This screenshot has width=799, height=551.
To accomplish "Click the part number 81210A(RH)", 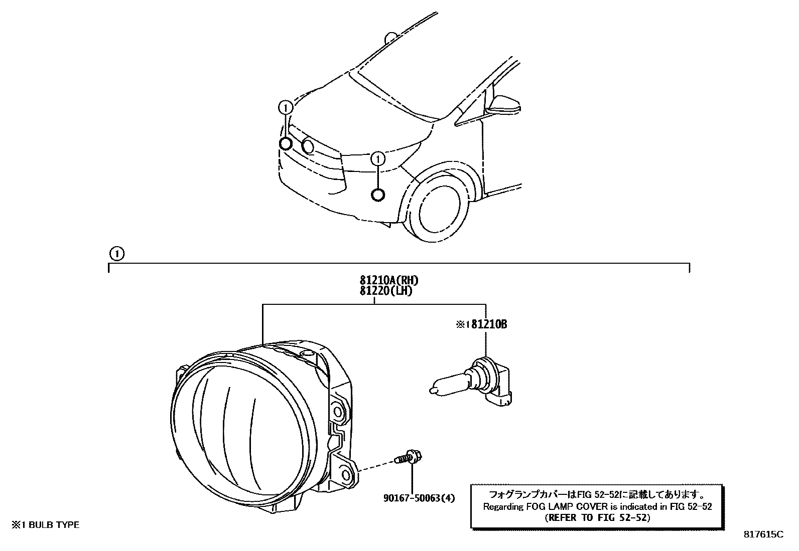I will point(388,280).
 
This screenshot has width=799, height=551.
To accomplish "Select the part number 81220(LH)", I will point(385,290).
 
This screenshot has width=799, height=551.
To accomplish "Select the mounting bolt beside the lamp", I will point(409,458).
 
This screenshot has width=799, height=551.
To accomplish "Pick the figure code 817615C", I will point(763,534).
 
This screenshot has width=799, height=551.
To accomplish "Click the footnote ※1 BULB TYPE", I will point(46,525).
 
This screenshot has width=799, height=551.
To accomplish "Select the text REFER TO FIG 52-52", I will point(597,518).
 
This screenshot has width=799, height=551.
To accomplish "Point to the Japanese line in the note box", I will point(597,495).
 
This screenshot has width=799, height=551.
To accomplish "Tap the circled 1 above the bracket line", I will point(116,254).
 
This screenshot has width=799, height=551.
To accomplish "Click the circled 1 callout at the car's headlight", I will point(286,107).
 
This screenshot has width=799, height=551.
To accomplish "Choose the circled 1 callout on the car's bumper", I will point(377,159).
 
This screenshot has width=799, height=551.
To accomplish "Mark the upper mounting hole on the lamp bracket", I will point(339,413).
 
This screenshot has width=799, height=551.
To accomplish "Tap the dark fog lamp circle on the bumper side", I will point(378,195).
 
